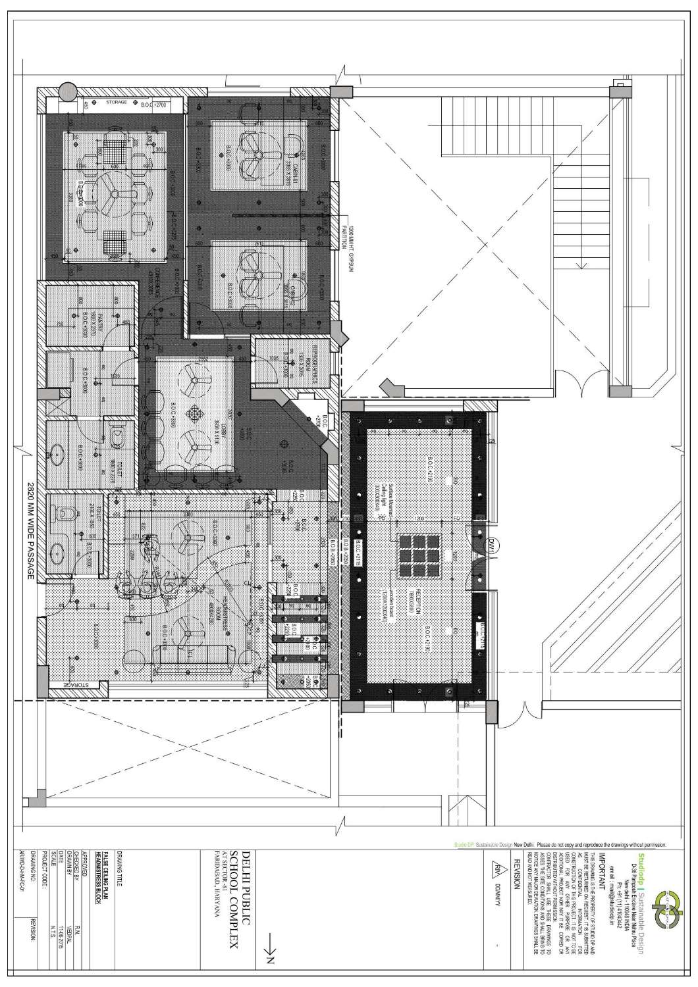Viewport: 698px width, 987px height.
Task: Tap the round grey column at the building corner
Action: (x=67, y=91)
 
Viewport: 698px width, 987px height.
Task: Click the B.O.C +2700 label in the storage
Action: (x=153, y=104)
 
